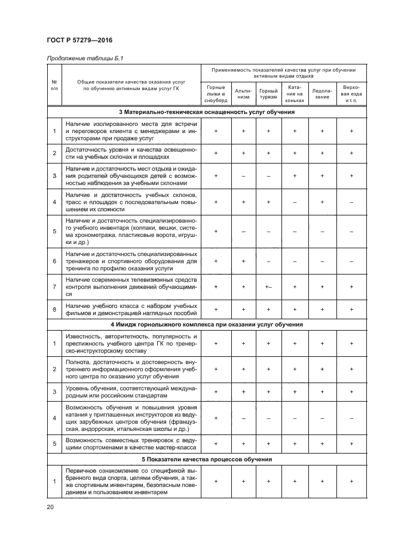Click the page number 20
click(50, 507)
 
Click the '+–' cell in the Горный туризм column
click(268, 287)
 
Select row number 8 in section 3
click(54, 309)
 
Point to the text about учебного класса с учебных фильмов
click(130, 309)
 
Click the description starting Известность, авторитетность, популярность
click(130, 344)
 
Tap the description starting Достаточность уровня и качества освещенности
click(130, 153)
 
